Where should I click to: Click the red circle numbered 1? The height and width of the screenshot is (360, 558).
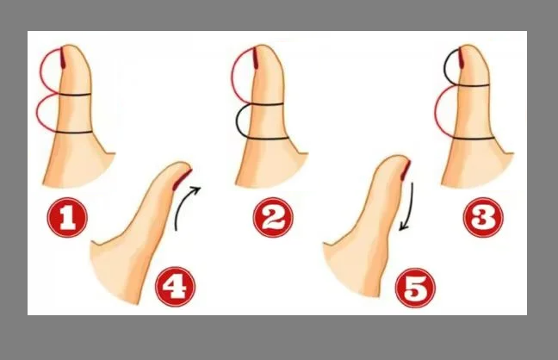tap(67, 217)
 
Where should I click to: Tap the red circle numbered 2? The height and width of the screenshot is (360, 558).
tap(273, 217)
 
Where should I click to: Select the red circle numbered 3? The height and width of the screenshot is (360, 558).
tap(483, 217)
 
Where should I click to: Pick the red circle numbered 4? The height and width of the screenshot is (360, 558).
tap(176, 287)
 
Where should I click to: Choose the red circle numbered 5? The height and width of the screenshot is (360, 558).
tap(415, 288)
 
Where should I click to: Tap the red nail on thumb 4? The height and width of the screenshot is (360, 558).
tap(182, 179)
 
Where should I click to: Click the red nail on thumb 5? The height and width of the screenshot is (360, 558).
tap(406, 171)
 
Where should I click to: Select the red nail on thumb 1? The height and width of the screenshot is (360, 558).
tap(63, 57)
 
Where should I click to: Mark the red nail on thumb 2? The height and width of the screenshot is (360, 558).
tap(256, 57)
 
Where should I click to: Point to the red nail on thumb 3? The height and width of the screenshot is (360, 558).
tap(460, 57)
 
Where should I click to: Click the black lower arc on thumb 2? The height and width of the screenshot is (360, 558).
tap(236, 121)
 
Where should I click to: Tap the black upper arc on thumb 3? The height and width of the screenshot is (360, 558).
tap(445, 67)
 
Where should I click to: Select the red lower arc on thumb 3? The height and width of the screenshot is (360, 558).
tap(436, 111)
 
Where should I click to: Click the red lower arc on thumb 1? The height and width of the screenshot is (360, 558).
tap(37, 113)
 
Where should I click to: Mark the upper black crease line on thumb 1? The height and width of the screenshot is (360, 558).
tap(74, 95)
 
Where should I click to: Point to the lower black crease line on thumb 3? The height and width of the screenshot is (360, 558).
tap(474, 138)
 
